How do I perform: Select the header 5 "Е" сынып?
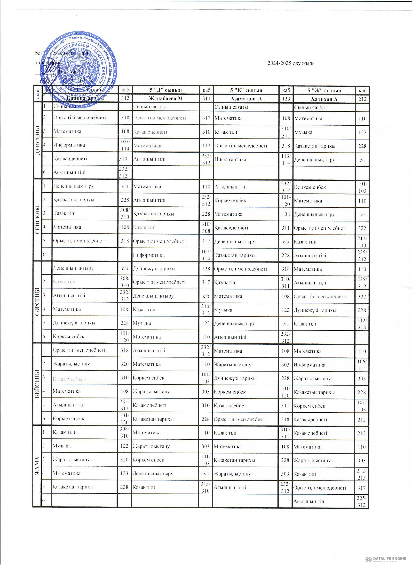tap(246, 90)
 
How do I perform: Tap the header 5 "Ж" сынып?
tap(324, 90)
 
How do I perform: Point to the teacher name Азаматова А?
tap(246, 99)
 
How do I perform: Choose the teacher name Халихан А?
tap(324, 99)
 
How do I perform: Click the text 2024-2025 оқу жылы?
tap(292, 63)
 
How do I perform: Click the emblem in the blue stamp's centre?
tap(78, 68)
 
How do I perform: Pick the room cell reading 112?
tap(206, 146)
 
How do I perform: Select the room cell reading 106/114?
tap(362, 365)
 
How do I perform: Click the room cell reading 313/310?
tap(205, 487)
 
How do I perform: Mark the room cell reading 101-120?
tap(286, 201)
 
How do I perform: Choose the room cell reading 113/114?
tap(286, 160)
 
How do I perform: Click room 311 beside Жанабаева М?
tap(206, 98)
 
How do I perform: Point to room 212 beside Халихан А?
tap(362, 99)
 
